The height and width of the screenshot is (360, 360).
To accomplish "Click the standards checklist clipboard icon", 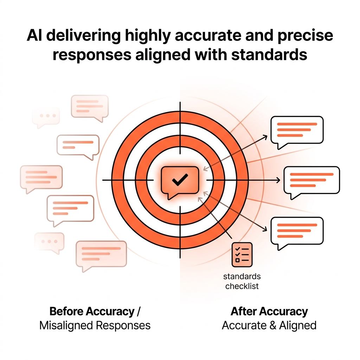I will coord(242,254).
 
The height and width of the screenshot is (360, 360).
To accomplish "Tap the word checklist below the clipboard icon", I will coord(242,286).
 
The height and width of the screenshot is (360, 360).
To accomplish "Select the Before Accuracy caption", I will coord(92,311).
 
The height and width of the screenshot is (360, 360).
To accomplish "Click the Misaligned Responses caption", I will coord(95,325).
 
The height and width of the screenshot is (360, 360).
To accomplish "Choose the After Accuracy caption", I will coord(269,311).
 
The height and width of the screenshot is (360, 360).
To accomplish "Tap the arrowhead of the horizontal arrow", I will coord(278,180).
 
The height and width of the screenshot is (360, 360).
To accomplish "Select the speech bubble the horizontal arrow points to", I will coord(311,180).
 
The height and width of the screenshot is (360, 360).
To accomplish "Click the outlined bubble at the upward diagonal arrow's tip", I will coord(297,130).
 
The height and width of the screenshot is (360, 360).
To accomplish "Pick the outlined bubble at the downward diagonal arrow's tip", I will coord(297,231).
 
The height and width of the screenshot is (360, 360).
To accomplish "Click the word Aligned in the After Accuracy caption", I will coord(297,325).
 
